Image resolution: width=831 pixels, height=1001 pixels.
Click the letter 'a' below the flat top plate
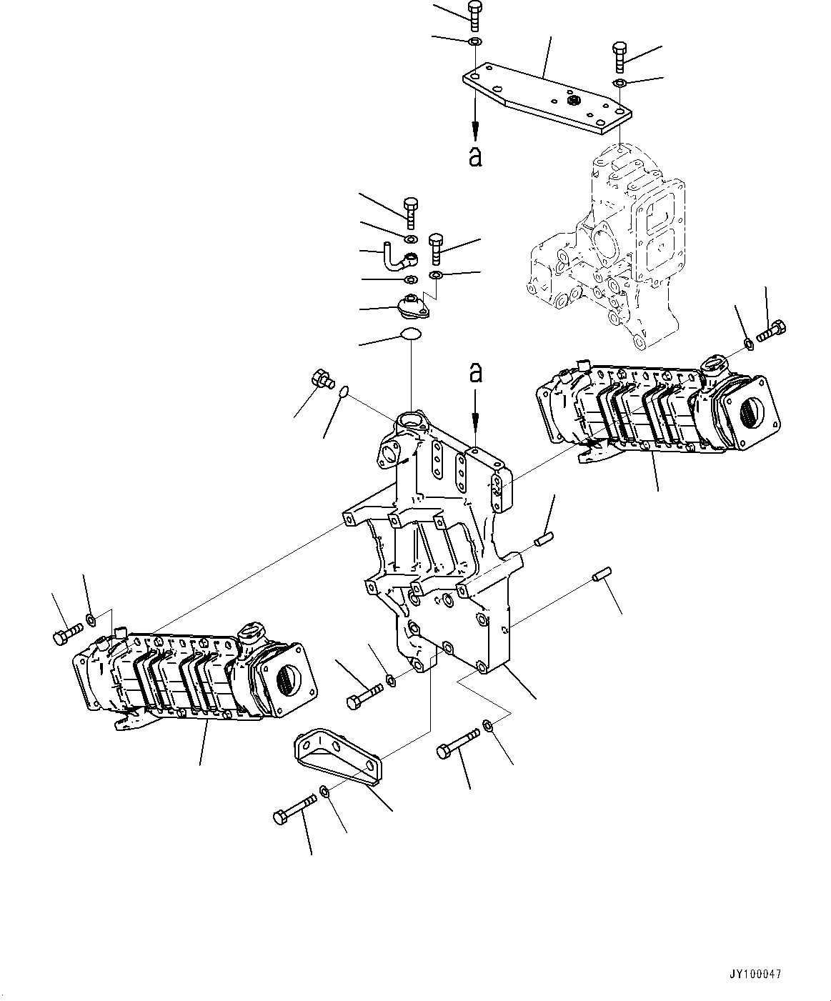[475, 155]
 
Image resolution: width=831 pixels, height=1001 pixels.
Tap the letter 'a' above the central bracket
[475, 372]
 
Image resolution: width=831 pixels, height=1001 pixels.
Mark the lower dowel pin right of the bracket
[599, 574]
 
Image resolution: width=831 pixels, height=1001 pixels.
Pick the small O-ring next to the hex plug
[344, 391]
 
